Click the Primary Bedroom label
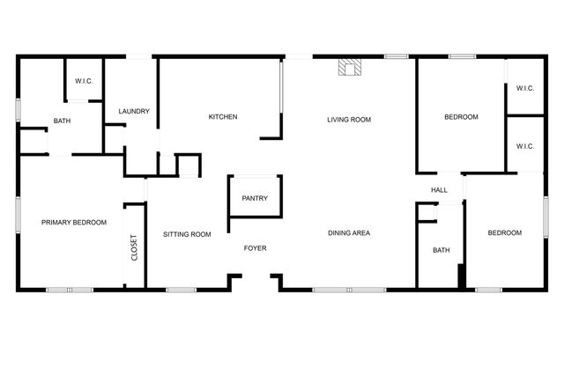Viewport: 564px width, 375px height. [x=74, y=223]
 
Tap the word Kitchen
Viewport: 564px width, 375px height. [x=222, y=117]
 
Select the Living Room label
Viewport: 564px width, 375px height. [x=348, y=119]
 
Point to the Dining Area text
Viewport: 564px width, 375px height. [x=348, y=233]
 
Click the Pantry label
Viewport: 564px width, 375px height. [x=255, y=199]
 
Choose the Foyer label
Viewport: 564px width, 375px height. [x=255, y=248]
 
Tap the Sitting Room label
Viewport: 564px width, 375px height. [x=187, y=234]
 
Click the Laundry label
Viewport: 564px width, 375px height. [x=134, y=112]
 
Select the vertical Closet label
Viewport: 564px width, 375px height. [x=134, y=246]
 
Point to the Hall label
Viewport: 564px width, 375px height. [x=439, y=190]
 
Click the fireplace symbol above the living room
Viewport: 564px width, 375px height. [x=351, y=68]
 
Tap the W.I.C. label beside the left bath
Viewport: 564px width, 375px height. [x=84, y=82]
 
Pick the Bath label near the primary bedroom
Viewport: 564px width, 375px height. [x=62, y=121]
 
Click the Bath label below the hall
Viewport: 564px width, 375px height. [x=441, y=251]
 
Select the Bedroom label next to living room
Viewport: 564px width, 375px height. [x=461, y=117]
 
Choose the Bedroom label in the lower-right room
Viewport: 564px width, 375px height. [x=505, y=233]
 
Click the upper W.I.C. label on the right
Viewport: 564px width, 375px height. [x=525, y=88]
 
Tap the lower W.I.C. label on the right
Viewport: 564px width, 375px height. [x=525, y=146]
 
